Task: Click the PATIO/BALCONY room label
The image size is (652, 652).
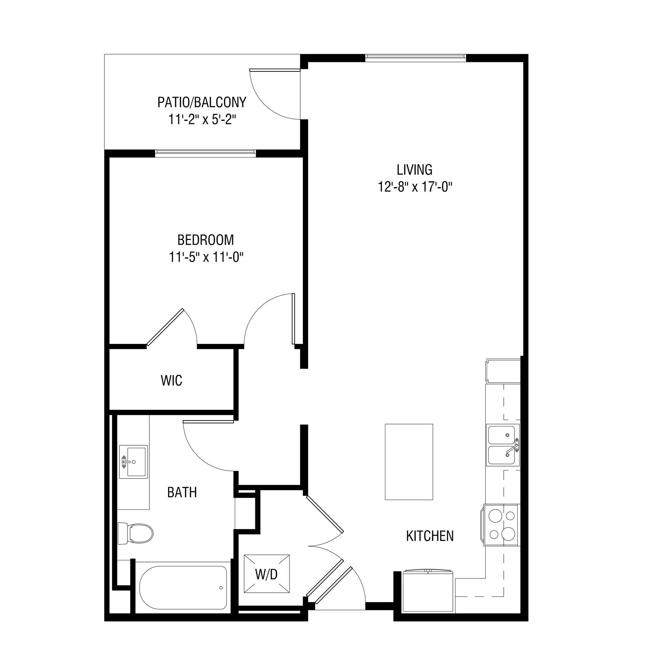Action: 202,102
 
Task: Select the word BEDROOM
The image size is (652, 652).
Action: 205,240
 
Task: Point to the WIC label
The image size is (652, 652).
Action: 171,380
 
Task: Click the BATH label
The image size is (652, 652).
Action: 182,492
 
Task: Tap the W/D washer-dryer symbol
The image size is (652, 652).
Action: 267,573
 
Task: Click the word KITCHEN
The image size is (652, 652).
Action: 430,536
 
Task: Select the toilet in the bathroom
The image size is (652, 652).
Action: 135,534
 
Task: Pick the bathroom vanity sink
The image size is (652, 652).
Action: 133,461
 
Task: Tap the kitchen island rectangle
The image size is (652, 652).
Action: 409,462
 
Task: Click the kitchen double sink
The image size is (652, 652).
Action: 502,445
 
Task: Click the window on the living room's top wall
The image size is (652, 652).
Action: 416,58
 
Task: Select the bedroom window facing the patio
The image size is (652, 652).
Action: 205,153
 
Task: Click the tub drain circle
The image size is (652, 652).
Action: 221,587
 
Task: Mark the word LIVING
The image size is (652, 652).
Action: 415,170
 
